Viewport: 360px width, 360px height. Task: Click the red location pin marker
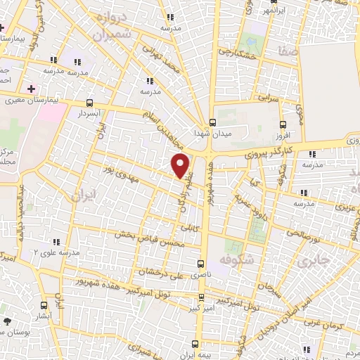(181, 165)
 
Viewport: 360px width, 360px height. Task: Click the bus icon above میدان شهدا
(212, 121)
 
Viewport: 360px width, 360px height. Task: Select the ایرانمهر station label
(271, 12)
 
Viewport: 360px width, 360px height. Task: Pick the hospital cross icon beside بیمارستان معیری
(30, 89)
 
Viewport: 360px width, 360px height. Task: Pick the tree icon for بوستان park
(7, 322)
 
